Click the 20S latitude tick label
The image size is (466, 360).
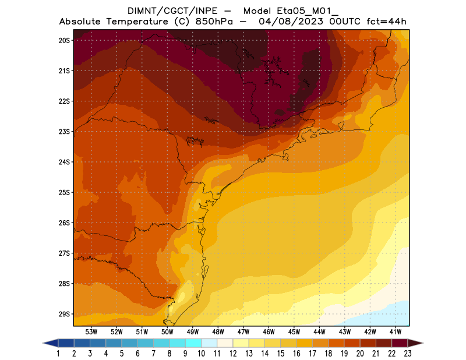64,40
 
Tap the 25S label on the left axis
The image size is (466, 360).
64,192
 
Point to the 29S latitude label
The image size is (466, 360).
64,314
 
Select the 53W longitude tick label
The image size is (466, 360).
91,331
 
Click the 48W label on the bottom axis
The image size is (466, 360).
218,331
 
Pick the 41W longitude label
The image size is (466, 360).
396,331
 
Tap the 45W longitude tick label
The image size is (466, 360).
294,331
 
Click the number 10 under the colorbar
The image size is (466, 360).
202,353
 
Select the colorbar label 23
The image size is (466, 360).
408,353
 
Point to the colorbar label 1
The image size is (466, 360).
59,353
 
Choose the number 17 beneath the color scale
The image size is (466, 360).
313,353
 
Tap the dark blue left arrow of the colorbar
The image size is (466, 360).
50,343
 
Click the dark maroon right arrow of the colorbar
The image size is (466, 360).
416,343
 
